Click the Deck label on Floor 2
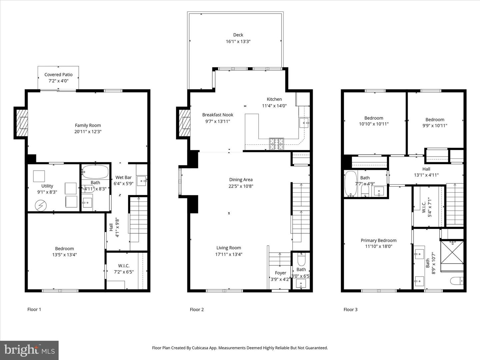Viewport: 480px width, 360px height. [238, 35]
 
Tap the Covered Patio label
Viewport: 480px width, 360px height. [58, 75]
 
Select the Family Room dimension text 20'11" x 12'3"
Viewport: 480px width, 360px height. [88, 132]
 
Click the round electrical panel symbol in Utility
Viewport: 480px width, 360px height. [41, 205]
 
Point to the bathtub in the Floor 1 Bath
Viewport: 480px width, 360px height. [95, 172]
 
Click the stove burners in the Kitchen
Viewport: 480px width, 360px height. [276, 144]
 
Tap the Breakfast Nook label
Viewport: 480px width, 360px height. [218, 115]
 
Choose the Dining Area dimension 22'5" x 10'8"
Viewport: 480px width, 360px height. [241, 186]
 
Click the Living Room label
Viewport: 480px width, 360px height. [229, 248]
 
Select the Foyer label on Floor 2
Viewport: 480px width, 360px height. [280, 273]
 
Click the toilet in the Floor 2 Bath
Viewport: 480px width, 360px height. [301, 260]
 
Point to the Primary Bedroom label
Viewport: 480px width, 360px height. [379, 240]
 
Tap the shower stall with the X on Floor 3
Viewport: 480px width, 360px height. [452, 252]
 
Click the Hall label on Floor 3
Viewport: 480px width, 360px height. [426, 169]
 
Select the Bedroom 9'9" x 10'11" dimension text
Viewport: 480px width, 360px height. [435, 126]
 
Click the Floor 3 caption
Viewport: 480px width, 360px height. [350, 310]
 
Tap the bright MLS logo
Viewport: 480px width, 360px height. [29, 350]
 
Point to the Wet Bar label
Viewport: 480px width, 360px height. [123, 177]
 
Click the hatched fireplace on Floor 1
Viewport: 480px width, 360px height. [21, 123]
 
